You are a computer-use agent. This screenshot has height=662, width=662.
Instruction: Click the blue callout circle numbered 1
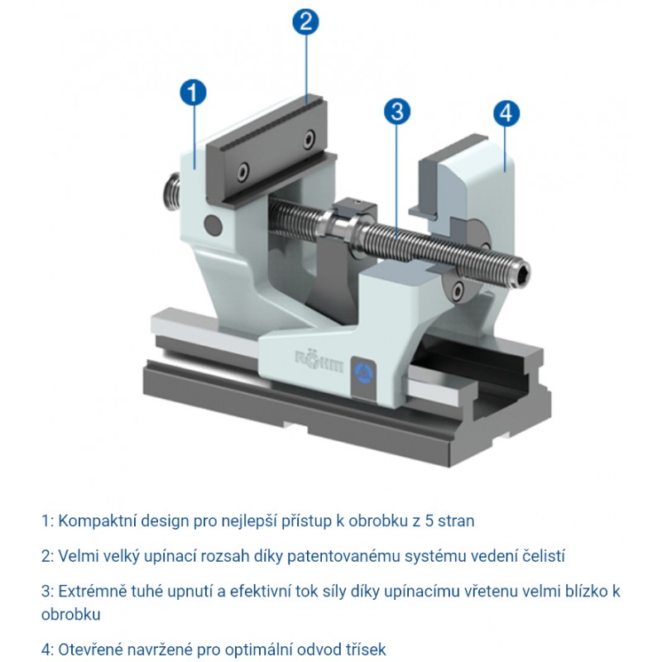point(193,93)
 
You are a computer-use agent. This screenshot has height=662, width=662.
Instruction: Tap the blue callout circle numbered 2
point(305,22)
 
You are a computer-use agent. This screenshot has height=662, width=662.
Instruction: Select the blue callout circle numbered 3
point(397,112)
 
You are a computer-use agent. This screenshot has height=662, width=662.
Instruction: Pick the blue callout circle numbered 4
point(506,113)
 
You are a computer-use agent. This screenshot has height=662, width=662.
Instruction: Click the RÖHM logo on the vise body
point(319,360)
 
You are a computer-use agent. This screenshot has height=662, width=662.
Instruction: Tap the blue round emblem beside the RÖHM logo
point(364,373)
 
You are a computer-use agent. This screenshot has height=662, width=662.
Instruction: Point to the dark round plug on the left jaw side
point(213,224)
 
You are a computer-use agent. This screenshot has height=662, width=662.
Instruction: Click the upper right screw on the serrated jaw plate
point(309,138)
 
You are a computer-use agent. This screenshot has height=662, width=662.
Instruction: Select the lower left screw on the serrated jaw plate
point(243,172)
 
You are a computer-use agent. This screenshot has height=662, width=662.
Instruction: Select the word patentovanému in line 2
point(343,556)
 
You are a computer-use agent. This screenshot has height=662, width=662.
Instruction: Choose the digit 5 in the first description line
point(429,521)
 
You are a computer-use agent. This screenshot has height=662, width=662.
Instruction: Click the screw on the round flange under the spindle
point(458,290)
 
